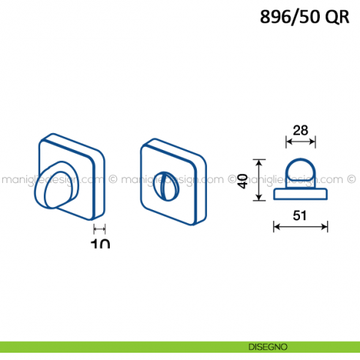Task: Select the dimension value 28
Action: click(299, 130)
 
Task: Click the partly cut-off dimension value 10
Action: click(100, 243)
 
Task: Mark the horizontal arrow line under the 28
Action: click(299, 142)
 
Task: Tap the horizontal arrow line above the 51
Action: click(299, 227)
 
